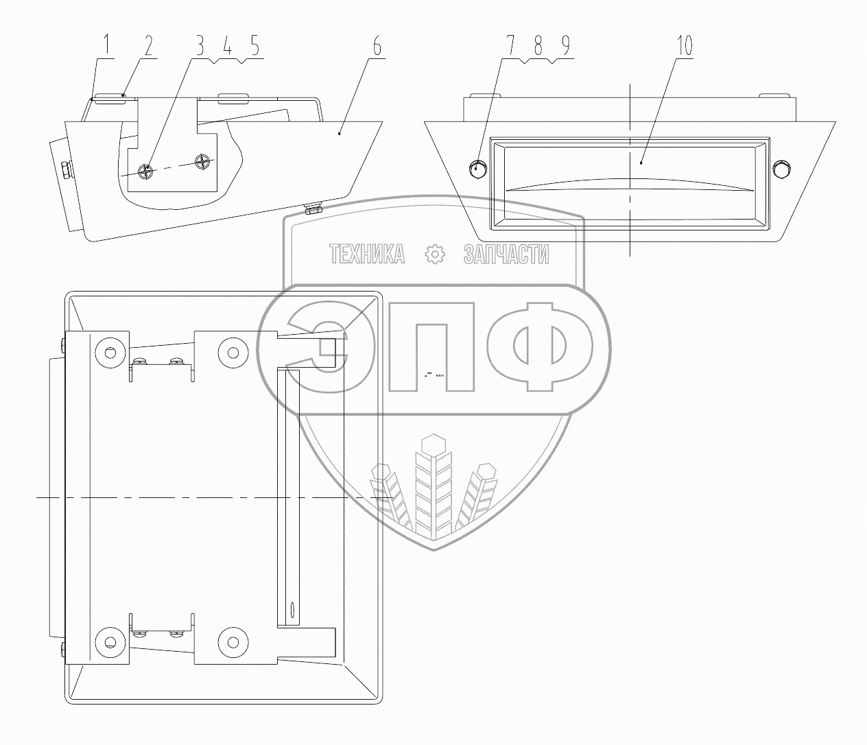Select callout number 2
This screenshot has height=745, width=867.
[x=147, y=46]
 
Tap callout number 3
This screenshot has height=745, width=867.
[x=200, y=46]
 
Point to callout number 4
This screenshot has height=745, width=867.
[x=227, y=46]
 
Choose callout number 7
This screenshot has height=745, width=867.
[x=511, y=46]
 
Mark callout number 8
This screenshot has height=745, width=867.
[x=538, y=46]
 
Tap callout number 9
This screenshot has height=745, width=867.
[x=564, y=46]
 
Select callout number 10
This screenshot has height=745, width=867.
[x=684, y=46]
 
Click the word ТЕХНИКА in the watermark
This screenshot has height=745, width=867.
[x=367, y=255]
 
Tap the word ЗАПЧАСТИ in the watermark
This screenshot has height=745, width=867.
[x=507, y=255]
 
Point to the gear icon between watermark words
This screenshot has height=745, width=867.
[x=435, y=255]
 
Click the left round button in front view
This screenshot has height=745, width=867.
[x=477, y=168]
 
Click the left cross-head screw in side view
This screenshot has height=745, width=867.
[x=145, y=170]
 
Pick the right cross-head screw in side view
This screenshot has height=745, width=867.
[x=202, y=163]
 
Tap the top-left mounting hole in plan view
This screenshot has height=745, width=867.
[x=108, y=353]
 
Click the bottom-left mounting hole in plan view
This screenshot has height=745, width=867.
[x=108, y=642]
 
